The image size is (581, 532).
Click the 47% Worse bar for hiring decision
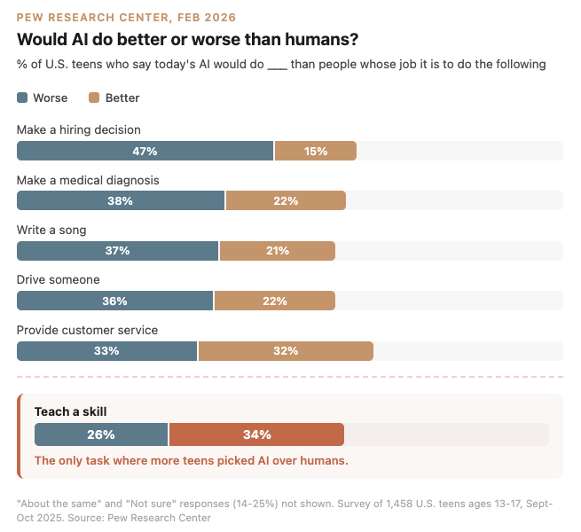click(x=145, y=151)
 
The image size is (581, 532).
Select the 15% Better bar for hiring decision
click(x=316, y=151)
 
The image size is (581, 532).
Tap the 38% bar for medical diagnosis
click(x=121, y=200)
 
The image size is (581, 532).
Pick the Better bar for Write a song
click(x=278, y=251)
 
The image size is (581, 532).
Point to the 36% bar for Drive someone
click(x=115, y=301)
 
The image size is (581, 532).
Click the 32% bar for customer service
click(x=286, y=351)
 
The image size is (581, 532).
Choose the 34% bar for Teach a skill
click(x=256, y=434)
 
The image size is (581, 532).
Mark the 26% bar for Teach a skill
click(x=101, y=434)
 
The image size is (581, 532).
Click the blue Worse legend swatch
click(x=22, y=98)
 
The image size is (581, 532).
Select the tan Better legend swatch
click(x=94, y=98)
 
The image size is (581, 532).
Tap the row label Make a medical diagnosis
click(x=88, y=180)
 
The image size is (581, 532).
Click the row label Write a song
click(x=51, y=230)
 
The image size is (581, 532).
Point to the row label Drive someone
click(x=58, y=280)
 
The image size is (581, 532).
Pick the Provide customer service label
click(x=87, y=330)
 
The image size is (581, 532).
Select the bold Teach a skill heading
click(x=70, y=411)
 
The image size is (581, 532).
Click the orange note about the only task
click(x=191, y=460)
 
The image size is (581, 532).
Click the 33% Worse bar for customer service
click(x=107, y=351)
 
